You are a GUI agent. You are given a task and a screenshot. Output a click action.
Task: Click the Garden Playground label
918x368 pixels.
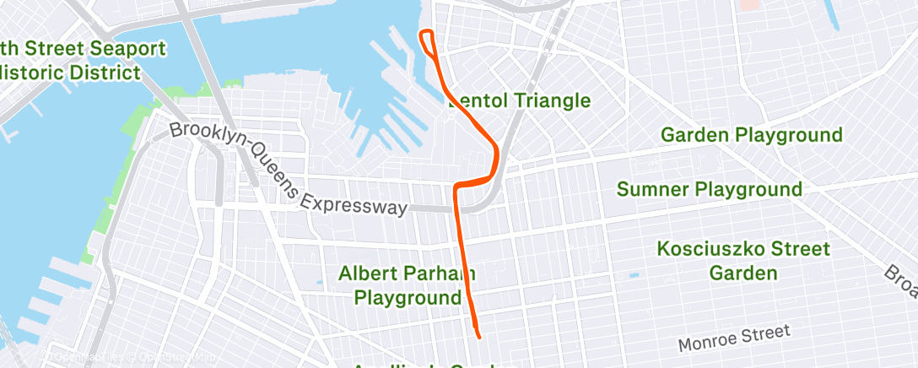(x=751, y=135)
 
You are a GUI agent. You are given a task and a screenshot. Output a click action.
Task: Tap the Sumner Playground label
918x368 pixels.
(x=709, y=189)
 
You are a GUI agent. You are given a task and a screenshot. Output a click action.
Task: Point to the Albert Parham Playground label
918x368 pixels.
(x=407, y=285)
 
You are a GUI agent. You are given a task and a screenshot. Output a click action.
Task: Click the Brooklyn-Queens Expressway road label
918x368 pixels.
(x=289, y=170)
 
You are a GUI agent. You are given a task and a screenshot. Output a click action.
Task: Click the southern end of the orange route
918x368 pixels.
(x=478, y=337)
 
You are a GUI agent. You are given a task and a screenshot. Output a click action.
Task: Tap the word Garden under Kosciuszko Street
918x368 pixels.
(x=742, y=273)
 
